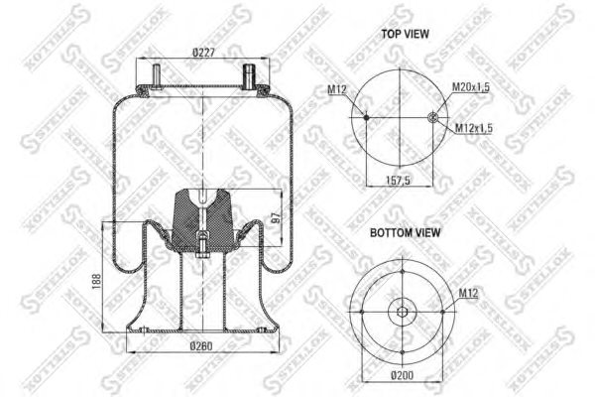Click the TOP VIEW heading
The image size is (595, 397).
click(x=405, y=34)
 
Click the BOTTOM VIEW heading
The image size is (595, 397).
click(x=405, y=232)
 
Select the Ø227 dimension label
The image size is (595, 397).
click(x=203, y=52)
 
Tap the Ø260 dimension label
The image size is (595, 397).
click(x=201, y=346)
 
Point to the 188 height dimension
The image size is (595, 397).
click(x=96, y=282)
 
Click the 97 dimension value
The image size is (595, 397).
click(x=278, y=217)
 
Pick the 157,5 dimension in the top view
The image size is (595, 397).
click(x=398, y=180)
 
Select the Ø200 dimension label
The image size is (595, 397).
click(x=403, y=376)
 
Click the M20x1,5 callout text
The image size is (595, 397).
click(x=470, y=87)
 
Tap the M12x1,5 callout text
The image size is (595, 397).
click(x=474, y=128)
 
